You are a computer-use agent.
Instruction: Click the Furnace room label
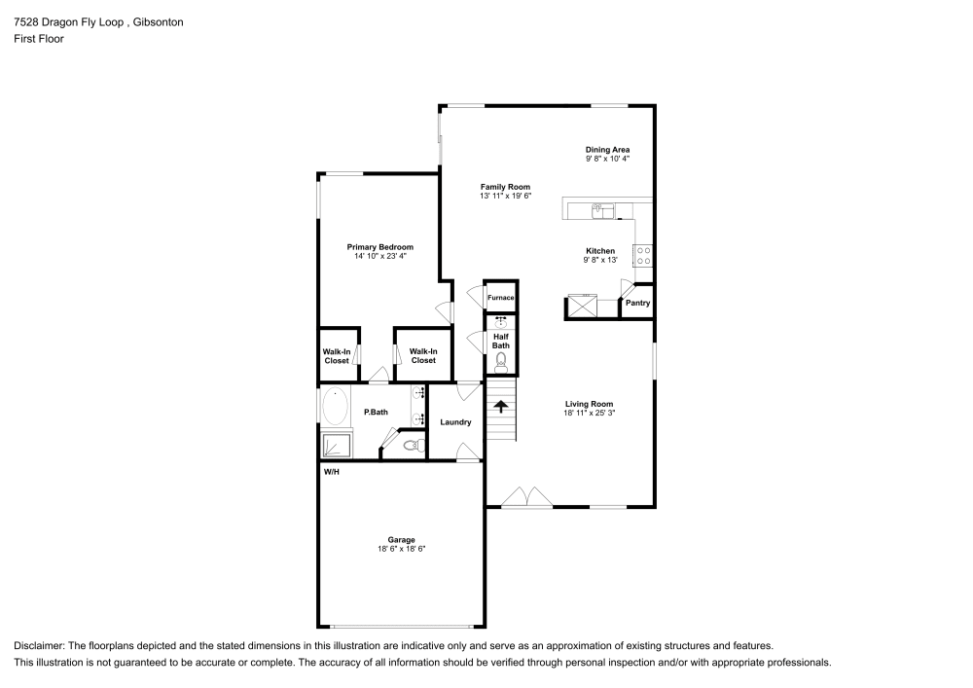500,298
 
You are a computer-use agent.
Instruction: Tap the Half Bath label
500,341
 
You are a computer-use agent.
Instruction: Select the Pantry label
637,303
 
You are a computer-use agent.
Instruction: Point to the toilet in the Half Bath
501,362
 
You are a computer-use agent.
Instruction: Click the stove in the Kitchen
643,255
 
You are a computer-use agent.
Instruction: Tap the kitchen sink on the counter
600,208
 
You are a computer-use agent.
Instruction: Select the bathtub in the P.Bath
336,406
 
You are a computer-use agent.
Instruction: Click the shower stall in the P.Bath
337,445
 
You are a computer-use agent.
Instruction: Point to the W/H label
332,471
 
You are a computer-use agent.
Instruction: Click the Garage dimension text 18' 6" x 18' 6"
402,550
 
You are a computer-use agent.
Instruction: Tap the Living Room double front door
526,497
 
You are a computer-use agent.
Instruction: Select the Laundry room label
455,422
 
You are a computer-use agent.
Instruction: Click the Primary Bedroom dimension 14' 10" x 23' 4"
380,257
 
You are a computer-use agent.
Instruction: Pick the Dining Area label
607,149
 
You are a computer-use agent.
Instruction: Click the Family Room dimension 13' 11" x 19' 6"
505,196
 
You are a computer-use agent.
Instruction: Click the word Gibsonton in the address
157,21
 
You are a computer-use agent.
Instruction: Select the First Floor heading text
39,39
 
